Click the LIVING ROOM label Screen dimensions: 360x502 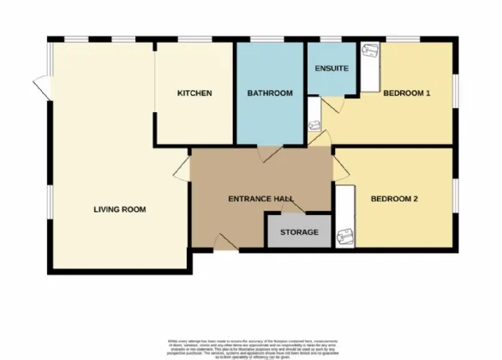click(x=120, y=209)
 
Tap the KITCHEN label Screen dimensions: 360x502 click(x=194, y=93)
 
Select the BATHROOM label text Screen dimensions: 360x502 click(x=270, y=93)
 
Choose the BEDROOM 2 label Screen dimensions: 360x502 click(x=394, y=199)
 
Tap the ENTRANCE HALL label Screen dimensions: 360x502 click(x=261, y=199)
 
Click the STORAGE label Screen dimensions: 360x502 click(x=298, y=232)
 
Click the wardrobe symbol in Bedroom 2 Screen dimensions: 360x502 click(x=346, y=218)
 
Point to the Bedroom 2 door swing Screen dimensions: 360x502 click(x=339, y=168)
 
